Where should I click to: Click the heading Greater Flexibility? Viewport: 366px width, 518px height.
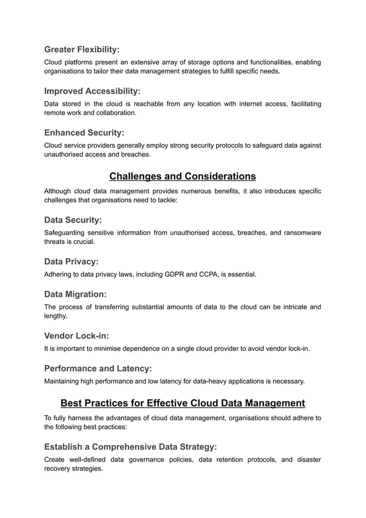pyautogui.click(x=81, y=49)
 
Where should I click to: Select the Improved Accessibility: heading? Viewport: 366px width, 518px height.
pyautogui.click(x=92, y=91)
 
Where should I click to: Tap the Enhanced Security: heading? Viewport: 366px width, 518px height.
pyautogui.click(x=84, y=133)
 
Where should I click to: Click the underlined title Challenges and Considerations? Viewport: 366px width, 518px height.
pyautogui.click(x=182, y=176)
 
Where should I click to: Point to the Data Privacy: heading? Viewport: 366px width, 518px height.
pyautogui.click(x=71, y=262)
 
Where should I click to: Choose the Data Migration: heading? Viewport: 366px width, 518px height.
pyautogui.click(x=75, y=294)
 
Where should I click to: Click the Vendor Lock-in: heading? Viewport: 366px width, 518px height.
pyautogui.click(x=76, y=336)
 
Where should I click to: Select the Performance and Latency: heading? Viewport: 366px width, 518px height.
pyautogui.click(x=98, y=368)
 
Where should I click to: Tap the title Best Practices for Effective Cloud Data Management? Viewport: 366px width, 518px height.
pyautogui.click(x=182, y=403)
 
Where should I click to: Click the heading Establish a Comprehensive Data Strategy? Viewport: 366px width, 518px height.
pyautogui.click(x=130, y=447)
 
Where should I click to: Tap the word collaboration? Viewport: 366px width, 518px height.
pyautogui.click(x=113, y=113)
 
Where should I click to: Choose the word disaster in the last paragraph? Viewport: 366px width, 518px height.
pyautogui.click(x=307, y=459)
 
